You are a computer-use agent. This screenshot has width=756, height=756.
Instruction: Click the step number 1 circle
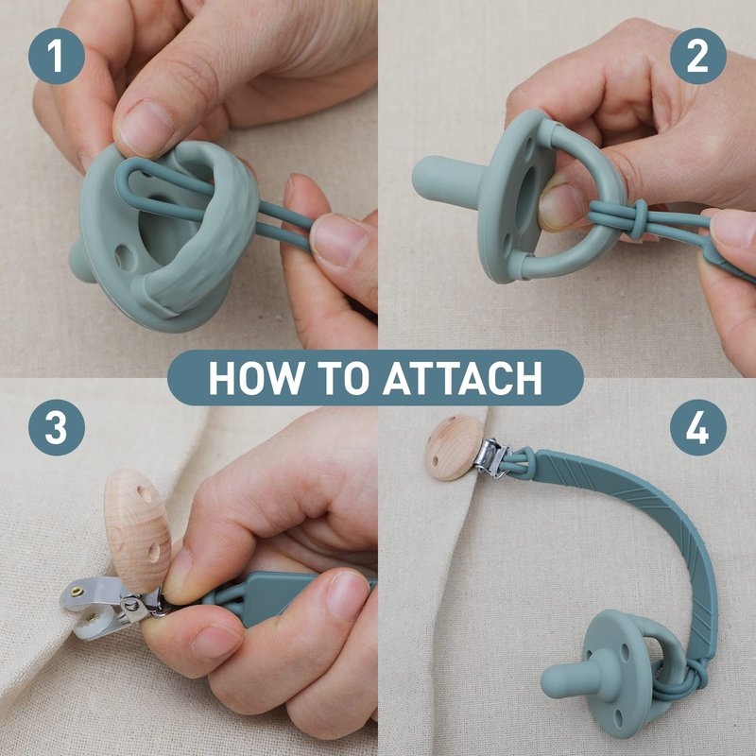57,56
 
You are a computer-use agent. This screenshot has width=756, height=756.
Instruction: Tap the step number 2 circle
697,56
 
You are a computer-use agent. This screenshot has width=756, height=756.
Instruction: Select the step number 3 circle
57,427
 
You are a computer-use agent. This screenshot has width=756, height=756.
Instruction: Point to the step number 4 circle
697,427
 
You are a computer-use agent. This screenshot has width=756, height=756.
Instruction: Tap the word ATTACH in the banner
463,377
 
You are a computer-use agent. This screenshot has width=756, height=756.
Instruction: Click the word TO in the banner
344,377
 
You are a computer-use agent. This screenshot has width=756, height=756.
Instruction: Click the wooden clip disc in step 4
454,448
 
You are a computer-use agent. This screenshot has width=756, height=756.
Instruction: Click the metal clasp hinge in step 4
490,458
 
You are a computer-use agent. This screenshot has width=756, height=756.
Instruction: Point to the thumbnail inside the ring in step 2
560,206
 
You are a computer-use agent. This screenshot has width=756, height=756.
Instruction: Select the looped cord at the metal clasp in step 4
520,461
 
